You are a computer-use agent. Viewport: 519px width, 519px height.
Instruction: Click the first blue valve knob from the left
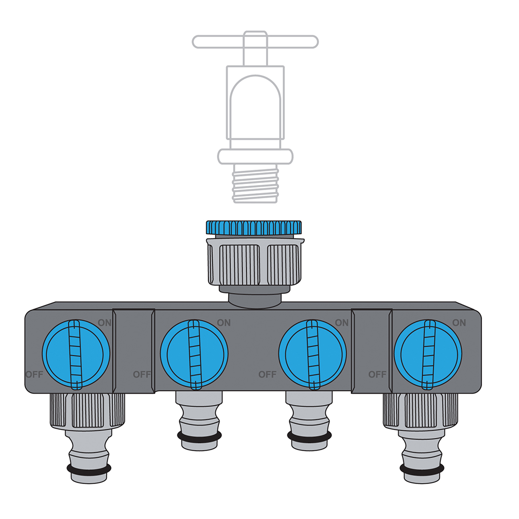pyautogui.click(x=75, y=354)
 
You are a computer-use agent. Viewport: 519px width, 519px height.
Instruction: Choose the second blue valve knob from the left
pyautogui.click(x=194, y=354)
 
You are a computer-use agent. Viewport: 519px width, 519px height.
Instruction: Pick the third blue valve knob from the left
pyautogui.click(x=313, y=354)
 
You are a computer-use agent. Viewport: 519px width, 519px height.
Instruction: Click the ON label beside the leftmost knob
pyautogui.click(x=104, y=322)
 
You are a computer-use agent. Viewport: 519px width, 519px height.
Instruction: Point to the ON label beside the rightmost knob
pyautogui.click(x=459, y=322)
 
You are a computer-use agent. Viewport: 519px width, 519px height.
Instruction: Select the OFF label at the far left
pyautogui.click(x=34, y=375)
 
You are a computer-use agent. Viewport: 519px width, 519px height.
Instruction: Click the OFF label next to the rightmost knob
pyautogui.click(x=377, y=375)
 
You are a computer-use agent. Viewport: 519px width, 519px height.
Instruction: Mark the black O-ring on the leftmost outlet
pyautogui.click(x=89, y=470)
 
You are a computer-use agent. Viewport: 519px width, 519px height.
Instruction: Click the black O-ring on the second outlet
pyautogui.click(x=199, y=436)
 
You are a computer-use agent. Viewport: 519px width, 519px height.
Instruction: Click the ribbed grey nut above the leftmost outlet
pyautogui.click(x=87, y=410)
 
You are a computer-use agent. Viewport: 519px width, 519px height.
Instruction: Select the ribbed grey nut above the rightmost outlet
pyautogui.click(x=421, y=410)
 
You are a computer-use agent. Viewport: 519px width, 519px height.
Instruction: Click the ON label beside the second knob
pyautogui.click(x=224, y=322)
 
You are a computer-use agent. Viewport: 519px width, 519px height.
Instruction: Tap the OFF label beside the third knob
pyautogui.click(x=267, y=375)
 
